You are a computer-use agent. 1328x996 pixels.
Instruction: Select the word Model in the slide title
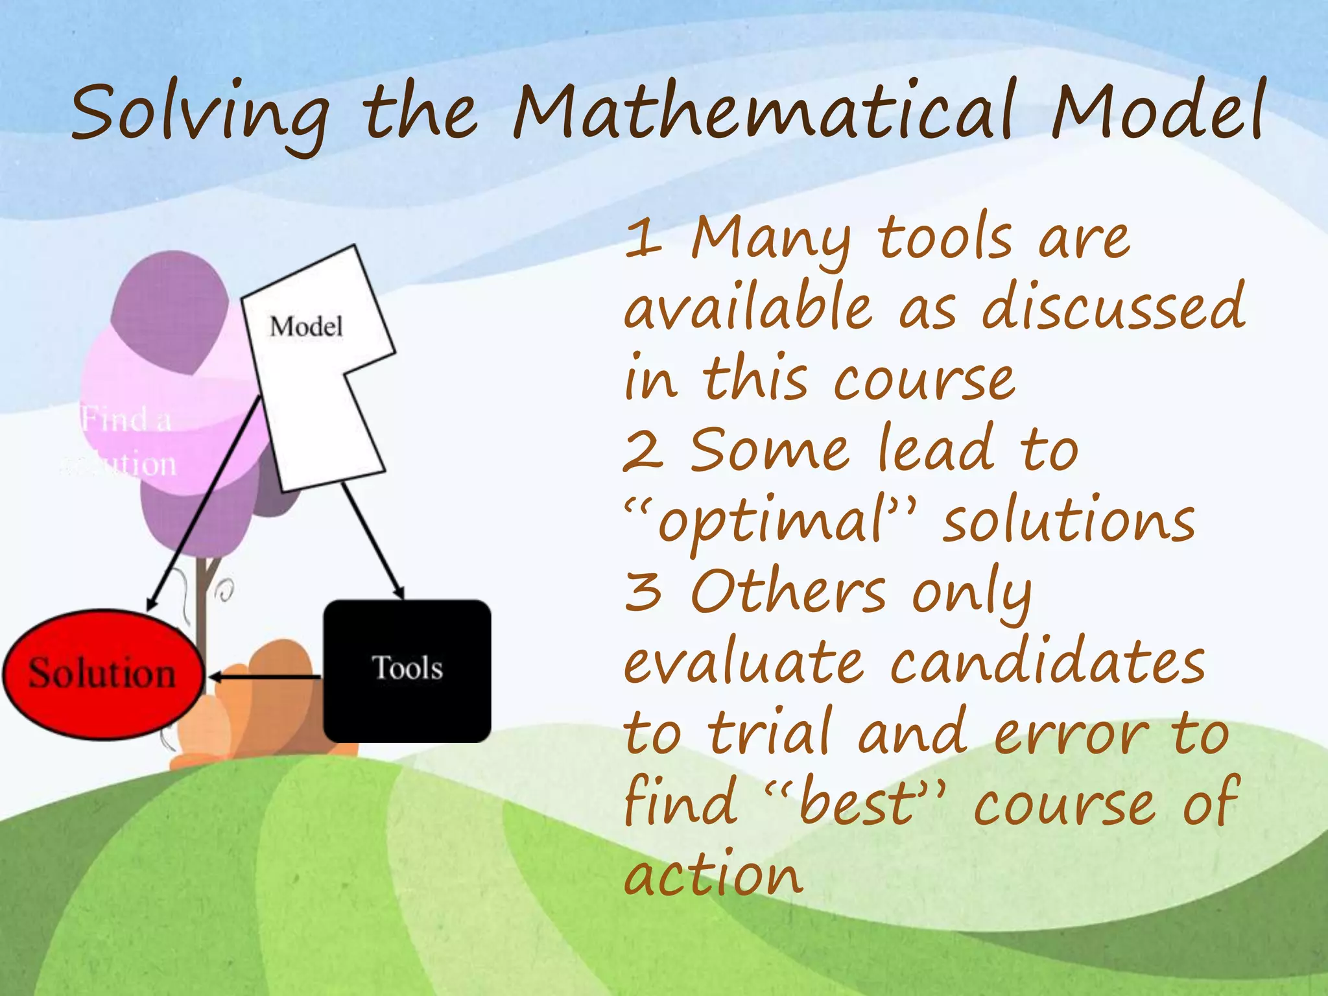tap(1157, 113)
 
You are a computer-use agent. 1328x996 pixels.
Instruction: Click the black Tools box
tap(407, 670)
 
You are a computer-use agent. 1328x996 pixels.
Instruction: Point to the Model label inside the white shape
tap(306, 326)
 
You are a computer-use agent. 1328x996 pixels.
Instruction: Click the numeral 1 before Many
tap(643, 239)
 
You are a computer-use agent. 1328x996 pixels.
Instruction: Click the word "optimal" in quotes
tap(772, 522)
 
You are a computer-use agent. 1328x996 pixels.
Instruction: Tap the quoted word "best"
tap(856, 804)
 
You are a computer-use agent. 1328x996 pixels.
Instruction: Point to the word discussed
tap(1113, 308)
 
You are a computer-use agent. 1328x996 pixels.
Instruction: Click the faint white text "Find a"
tap(127, 420)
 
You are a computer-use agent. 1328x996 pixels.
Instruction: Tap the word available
tap(749, 308)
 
